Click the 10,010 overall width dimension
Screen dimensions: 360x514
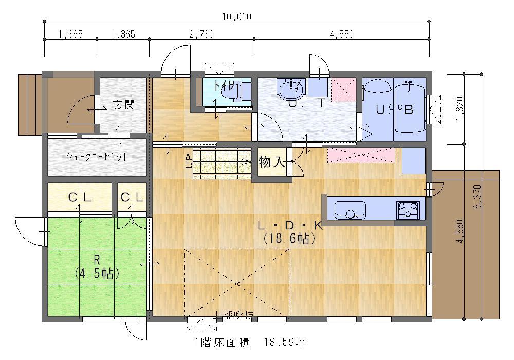pos(236,16)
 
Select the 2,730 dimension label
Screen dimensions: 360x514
pos(201,34)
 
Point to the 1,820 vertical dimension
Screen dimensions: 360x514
pos(461,108)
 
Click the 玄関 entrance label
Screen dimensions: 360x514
pos(123,105)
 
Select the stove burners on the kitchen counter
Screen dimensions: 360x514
pos(408,210)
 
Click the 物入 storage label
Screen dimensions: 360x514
pos(271,163)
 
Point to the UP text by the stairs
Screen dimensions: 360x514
pos(188,162)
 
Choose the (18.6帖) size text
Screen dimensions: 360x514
pos(289,238)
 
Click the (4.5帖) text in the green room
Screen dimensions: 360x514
pos(97,273)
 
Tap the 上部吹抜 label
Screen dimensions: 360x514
pos(234,315)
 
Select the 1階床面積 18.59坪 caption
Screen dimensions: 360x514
pos(250,341)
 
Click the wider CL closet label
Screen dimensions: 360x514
pos(80,197)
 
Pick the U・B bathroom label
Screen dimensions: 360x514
pos(395,110)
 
